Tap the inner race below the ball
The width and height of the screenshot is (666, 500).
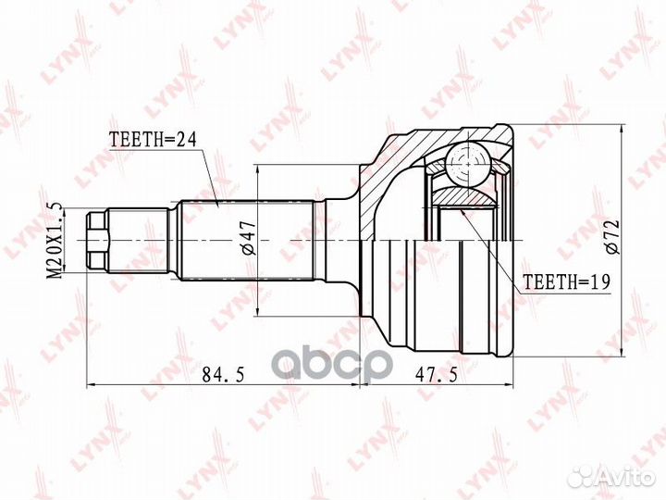click(462, 195)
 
